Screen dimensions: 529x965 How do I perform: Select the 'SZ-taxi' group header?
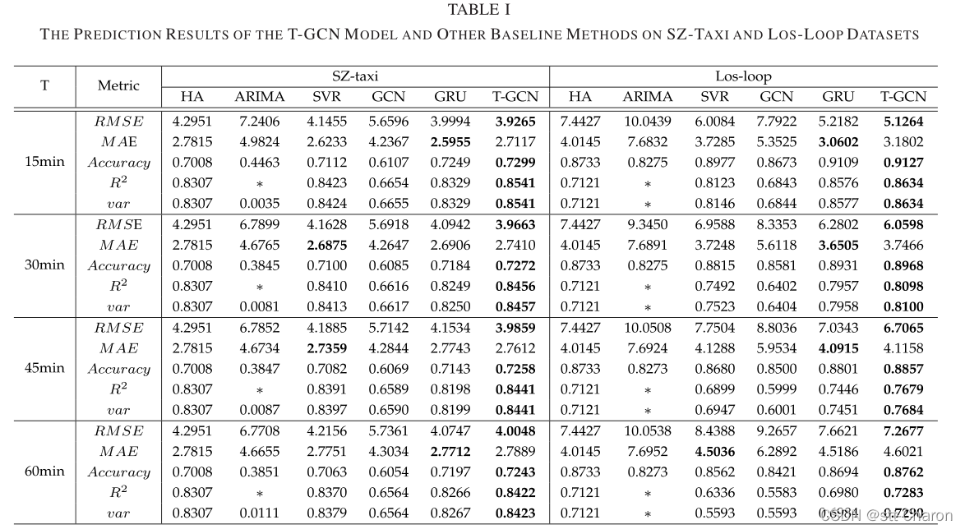click(355, 76)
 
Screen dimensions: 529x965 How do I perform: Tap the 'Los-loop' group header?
click(743, 76)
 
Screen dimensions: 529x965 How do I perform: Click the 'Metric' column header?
click(118, 85)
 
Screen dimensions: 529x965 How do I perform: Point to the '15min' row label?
click(44, 162)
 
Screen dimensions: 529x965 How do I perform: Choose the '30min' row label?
click(44, 265)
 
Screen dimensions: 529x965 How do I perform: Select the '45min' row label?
click(44, 368)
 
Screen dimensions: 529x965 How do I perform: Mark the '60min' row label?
click(44, 471)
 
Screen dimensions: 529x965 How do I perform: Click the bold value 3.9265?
click(515, 121)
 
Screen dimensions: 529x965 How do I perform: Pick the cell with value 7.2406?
click(259, 121)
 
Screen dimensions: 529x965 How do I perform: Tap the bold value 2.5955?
click(450, 141)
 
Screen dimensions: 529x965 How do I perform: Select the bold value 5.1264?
click(902, 121)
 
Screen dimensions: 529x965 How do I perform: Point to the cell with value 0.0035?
click(259, 203)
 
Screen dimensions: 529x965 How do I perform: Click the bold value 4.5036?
click(714, 451)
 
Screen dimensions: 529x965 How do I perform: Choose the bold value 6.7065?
click(902, 328)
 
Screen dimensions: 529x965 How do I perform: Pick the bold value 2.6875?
click(327, 245)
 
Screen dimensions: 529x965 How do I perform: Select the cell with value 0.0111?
click(259, 513)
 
